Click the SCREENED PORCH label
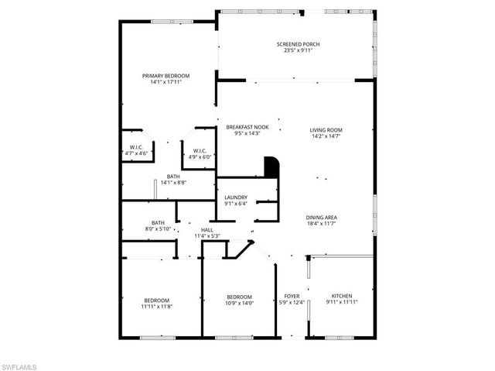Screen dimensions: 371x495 [298, 44]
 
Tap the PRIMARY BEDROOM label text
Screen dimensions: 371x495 [166, 76]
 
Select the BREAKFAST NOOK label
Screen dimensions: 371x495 [247, 127]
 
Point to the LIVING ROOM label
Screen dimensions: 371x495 [326, 130]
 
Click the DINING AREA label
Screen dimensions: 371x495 [326, 217]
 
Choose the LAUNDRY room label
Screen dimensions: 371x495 [236, 198]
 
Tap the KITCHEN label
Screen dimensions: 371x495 [342, 296]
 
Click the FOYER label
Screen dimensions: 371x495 [292, 296]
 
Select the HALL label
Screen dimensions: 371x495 [207, 230]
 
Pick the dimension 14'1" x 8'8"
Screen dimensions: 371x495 [173, 183]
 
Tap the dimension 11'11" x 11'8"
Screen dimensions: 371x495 [158, 307]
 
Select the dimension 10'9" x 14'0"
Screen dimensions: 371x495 [239, 303]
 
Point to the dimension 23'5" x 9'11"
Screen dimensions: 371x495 [298, 50]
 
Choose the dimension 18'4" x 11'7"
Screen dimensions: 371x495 [326, 223]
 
